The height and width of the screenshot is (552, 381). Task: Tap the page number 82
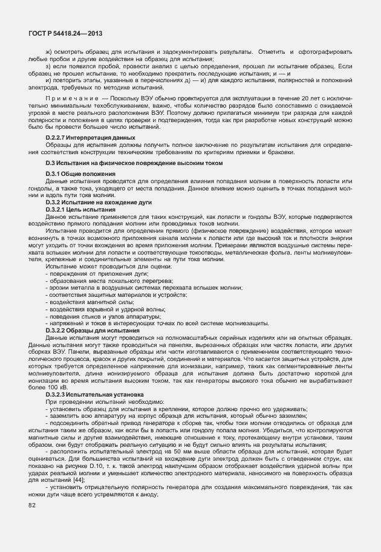point(31,521)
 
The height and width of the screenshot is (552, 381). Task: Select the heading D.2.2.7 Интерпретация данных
point(90,138)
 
